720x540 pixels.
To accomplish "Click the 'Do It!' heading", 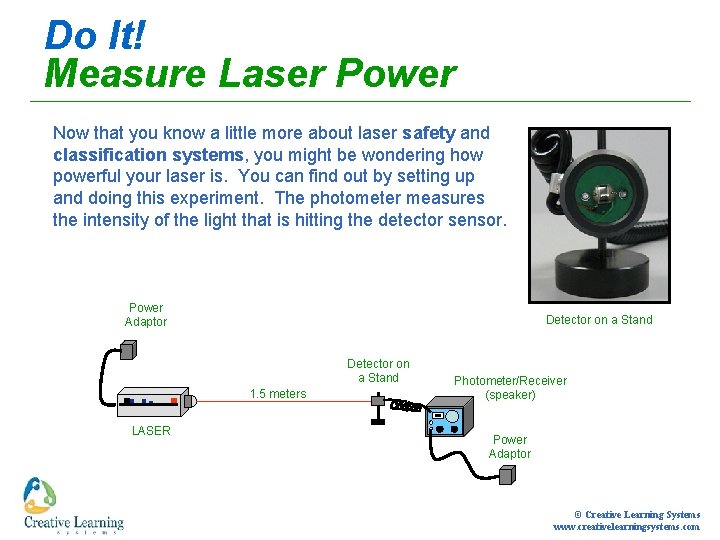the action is click(x=95, y=35).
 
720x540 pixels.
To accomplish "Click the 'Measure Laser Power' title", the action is click(x=251, y=73).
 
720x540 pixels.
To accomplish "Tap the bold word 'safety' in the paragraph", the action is click(x=429, y=134).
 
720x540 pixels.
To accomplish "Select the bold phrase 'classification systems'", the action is click(x=148, y=155).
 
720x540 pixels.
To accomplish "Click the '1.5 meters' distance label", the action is click(x=278, y=394).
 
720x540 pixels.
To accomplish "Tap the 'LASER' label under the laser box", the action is click(x=151, y=431).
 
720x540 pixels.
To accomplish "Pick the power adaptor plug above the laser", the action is click(x=128, y=350).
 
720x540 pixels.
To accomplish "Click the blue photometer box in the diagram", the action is click(x=449, y=416).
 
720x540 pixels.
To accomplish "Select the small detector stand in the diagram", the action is click(x=378, y=408).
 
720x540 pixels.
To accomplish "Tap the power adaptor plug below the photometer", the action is click(x=507, y=475).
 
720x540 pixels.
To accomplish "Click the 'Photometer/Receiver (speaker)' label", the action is click(x=510, y=388).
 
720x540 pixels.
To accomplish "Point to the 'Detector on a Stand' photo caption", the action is click(x=599, y=320).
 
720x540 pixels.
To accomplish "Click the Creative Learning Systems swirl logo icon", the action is click(x=39, y=495).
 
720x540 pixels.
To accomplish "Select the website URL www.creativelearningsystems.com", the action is click(x=626, y=527).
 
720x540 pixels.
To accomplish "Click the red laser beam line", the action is click(x=284, y=401).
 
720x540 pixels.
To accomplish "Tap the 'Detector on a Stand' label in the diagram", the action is click(x=378, y=371).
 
